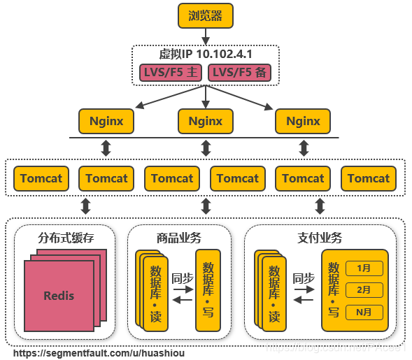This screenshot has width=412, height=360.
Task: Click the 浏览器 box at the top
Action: [x=205, y=16]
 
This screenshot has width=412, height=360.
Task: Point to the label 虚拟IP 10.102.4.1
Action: [x=205, y=55]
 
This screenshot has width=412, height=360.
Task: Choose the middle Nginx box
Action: [x=205, y=121]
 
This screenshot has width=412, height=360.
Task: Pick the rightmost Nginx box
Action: [x=303, y=121]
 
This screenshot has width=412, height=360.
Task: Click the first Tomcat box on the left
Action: [x=41, y=178]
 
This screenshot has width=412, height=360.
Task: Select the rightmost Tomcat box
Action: [x=369, y=178]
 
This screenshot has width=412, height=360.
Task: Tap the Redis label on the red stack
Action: [x=59, y=295]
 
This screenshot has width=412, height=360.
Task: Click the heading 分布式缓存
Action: [x=66, y=238]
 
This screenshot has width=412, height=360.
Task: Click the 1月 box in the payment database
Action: [x=364, y=268]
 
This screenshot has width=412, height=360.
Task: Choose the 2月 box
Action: [x=364, y=289]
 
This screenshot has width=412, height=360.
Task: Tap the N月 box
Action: [x=364, y=311]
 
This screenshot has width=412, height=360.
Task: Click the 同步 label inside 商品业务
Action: [x=183, y=278]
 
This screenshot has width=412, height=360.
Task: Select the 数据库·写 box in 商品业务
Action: [x=208, y=289]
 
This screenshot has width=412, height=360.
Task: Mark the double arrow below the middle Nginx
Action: [x=206, y=148]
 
